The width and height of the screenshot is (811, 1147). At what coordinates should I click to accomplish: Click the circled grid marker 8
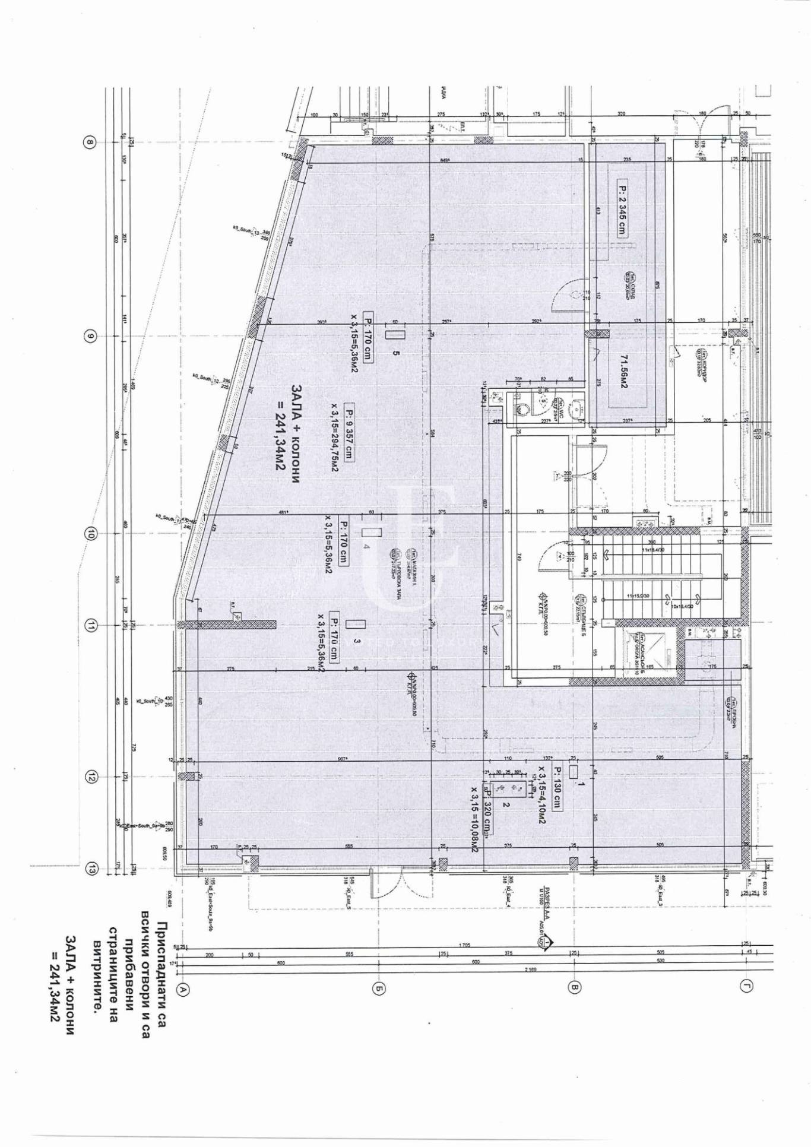(90, 142)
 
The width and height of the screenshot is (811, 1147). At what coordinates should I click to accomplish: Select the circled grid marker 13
(91, 869)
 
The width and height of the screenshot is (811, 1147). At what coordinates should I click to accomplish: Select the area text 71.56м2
(624, 372)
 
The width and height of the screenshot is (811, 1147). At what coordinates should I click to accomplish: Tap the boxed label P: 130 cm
(558, 788)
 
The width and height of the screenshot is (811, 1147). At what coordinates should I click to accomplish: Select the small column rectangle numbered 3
(355, 624)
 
